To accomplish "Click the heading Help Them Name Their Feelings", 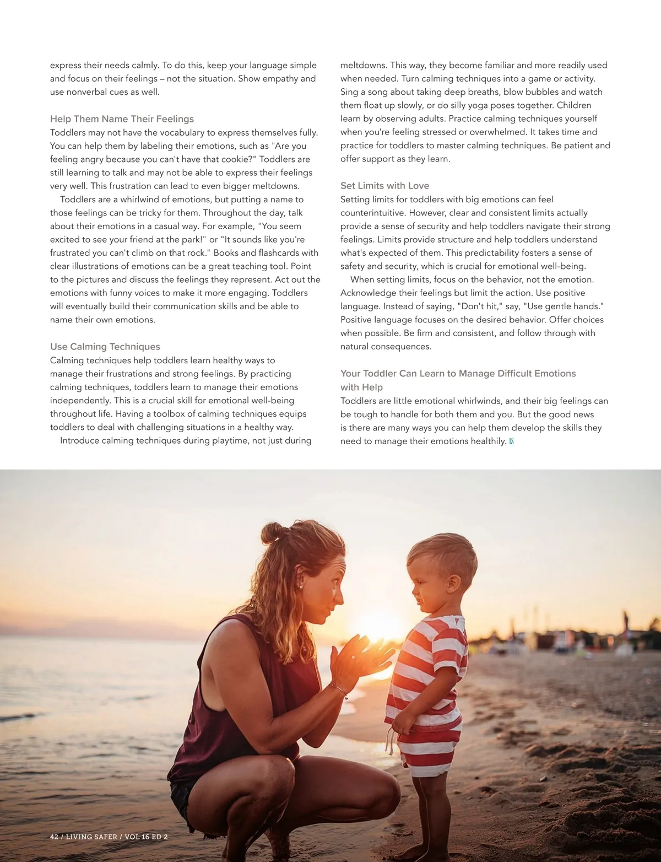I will point(122,119).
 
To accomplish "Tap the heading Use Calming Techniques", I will point(105,347).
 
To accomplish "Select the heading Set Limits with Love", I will point(384,186).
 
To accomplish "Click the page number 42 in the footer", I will point(54,837).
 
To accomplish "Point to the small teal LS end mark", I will point(512,441).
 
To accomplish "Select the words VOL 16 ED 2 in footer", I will point(146,837).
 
